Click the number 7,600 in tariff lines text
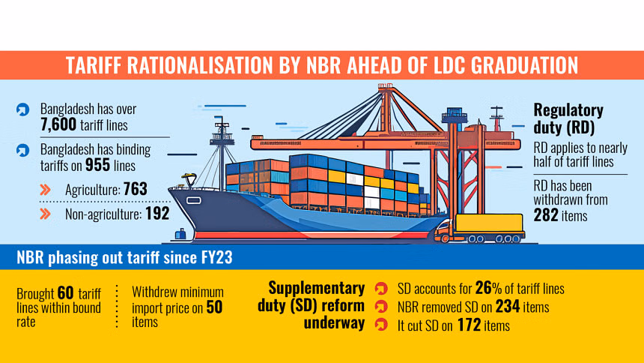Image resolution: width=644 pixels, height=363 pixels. pos(61,124)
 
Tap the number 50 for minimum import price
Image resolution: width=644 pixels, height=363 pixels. pos(214,306)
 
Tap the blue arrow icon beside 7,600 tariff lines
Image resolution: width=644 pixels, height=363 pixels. pos(22,110)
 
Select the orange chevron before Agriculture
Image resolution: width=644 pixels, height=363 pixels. pos(44,189)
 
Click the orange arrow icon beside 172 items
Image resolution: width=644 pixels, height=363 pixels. pos(382,325)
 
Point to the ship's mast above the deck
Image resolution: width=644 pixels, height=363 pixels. pos(222,142)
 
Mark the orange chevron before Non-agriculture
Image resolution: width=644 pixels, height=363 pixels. pos(44,214)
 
